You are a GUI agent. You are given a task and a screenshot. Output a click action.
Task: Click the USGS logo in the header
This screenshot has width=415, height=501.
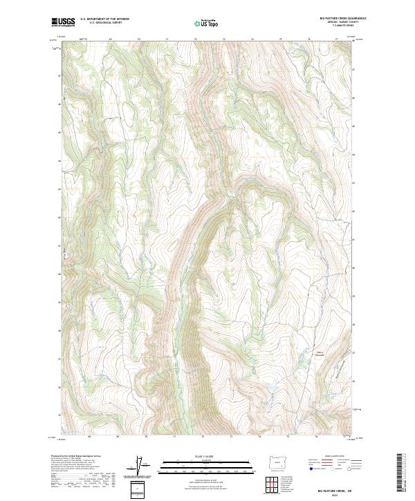[x=64, y=22]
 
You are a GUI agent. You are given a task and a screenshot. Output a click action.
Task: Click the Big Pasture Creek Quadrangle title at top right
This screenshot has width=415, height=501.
[x=343, y=19]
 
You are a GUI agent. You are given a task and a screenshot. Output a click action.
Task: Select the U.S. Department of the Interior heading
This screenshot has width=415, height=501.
[x=104, y=19]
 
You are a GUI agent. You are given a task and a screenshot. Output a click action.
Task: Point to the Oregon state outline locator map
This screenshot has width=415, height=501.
[x=275, y=460]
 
